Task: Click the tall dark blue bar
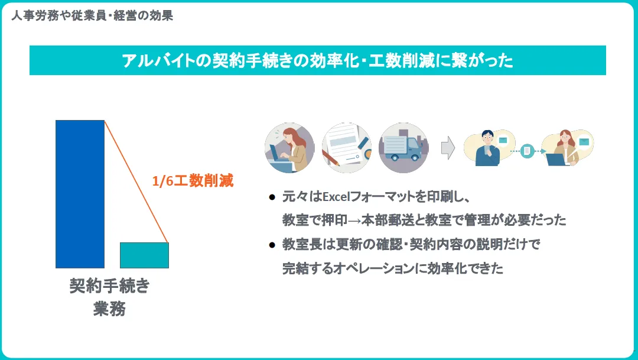80,194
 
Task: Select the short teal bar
144,255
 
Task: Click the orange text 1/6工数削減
193,181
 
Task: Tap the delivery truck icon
403,148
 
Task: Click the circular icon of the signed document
347,148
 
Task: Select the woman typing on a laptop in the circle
289,148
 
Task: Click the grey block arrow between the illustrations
449,148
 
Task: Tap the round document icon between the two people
527,151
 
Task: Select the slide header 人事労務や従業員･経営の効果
92,16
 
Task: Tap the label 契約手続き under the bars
110,287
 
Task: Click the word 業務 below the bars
109,309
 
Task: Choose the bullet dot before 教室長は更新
272,244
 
